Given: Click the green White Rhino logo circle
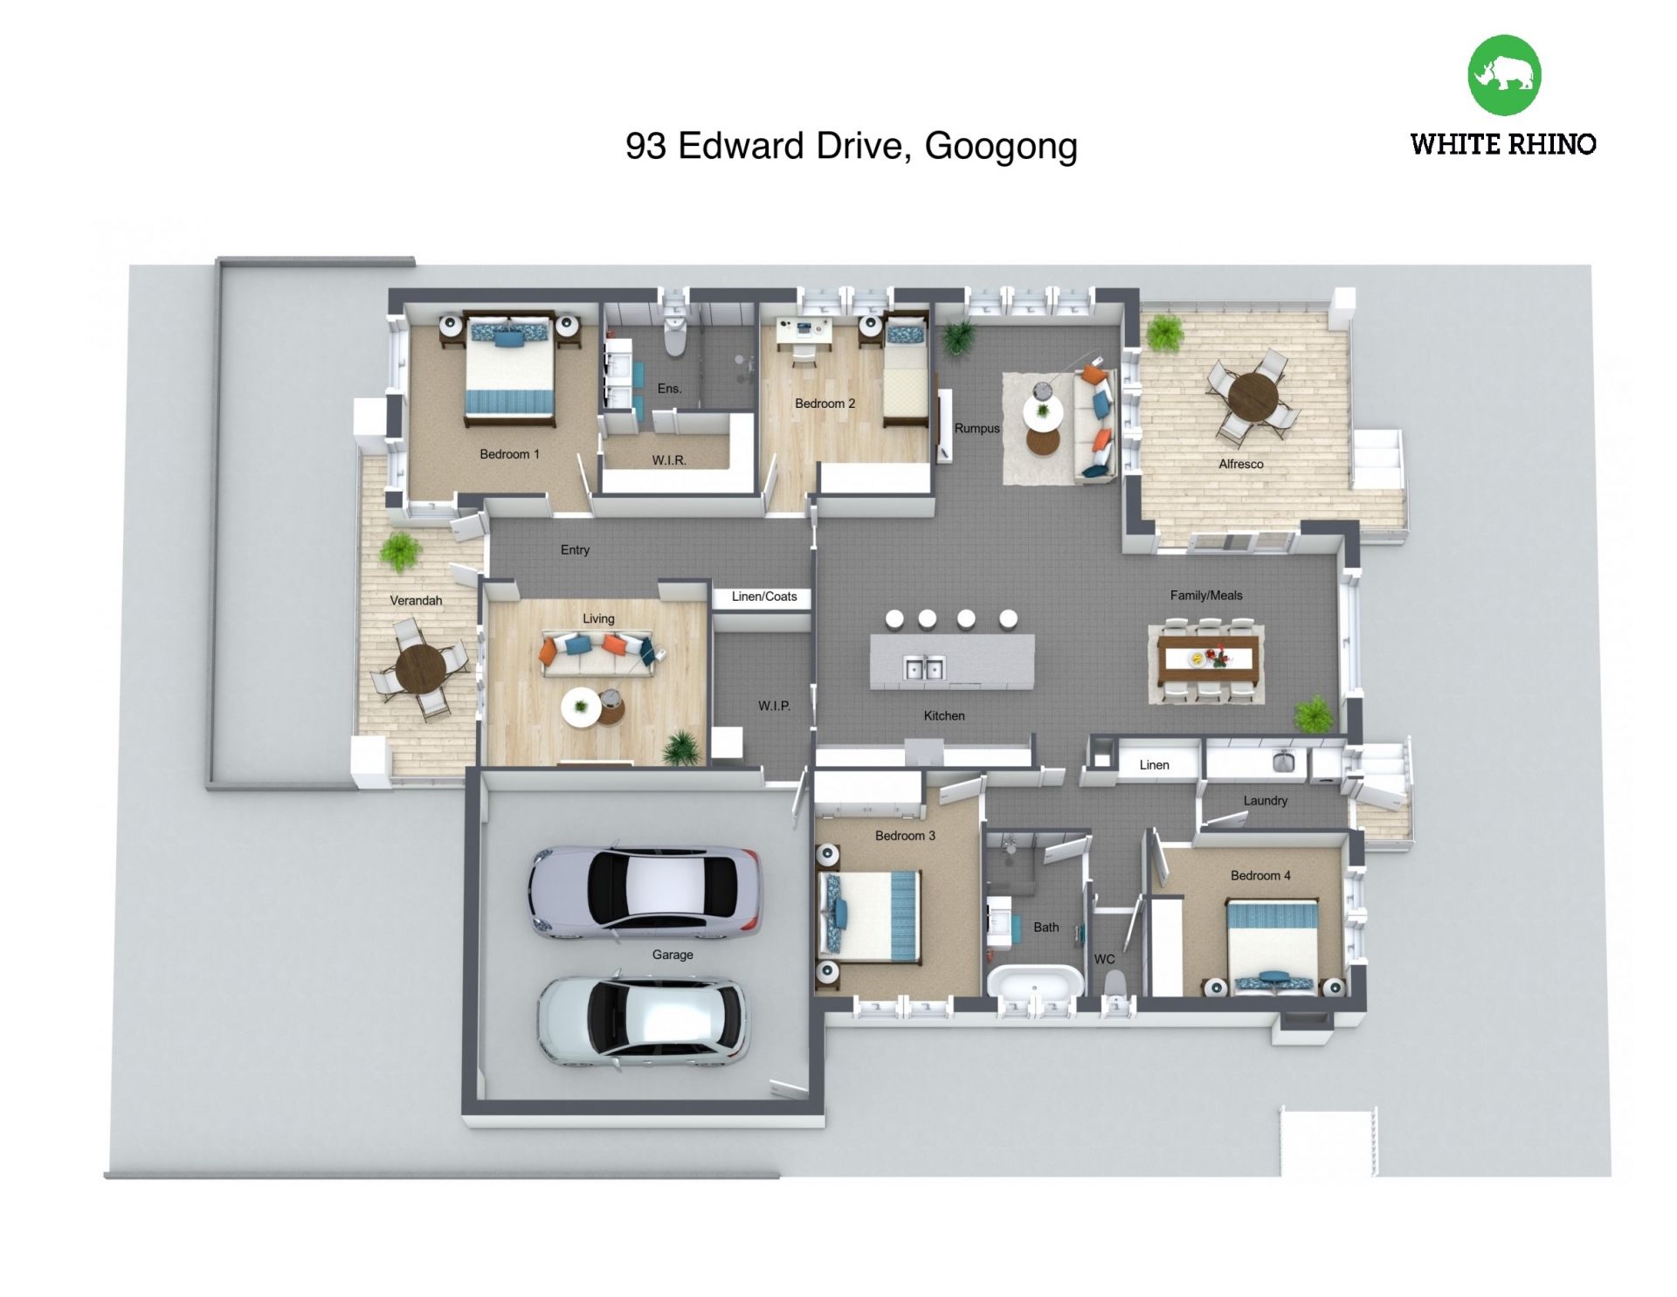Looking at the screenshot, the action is tap(1504, 75).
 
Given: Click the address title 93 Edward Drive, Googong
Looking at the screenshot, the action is tap(852, 146).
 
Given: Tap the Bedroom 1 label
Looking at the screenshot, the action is tap(509, 454).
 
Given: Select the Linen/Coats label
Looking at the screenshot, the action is tap(764, 597).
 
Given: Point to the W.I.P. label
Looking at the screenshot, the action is tap(774, 706).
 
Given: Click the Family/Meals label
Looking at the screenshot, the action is tap(1206, 596).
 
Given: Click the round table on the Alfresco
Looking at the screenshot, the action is tap(1253, 397).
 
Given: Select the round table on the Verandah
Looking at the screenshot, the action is tap(420, 669).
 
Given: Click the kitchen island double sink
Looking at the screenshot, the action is tap(923, 668).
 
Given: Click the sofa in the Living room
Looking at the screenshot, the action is tap(598, 653).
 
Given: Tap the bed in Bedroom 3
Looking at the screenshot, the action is tap(869, 915).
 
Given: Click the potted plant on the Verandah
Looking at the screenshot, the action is tap(400, 552).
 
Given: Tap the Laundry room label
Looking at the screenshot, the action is tap(1265, 801).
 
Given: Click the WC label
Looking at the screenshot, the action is tap(1104, 959).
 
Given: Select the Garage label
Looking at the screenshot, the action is tap(673, 955).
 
